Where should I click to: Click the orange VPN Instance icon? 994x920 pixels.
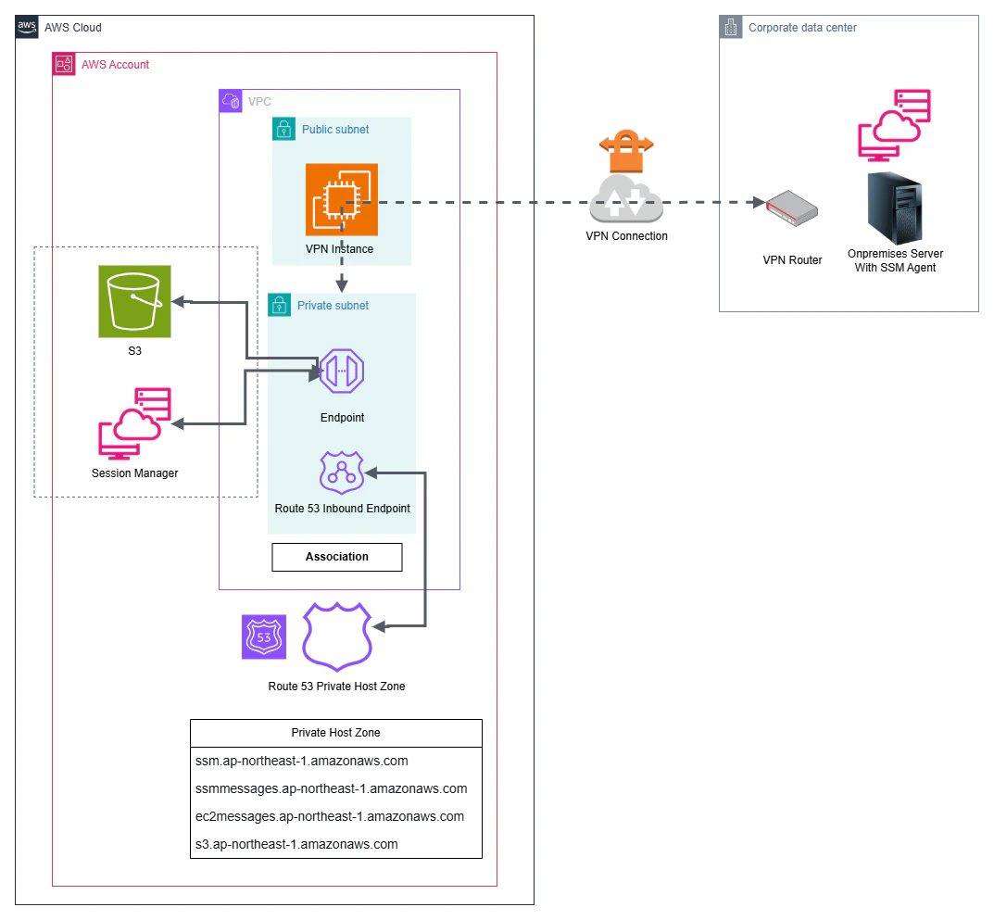coord(342,199)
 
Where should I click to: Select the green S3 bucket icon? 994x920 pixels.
coord(134,301)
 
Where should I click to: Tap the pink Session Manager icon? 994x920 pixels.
coord(134,423)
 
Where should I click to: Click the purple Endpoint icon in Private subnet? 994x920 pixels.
coord(342,371)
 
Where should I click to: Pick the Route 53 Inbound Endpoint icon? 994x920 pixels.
coord(342,473)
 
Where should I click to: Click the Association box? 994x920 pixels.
coord(336,557)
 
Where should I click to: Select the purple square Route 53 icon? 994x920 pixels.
coord(264,636)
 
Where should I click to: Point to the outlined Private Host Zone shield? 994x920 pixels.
coord(336,636)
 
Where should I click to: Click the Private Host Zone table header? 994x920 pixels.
coord(336,733)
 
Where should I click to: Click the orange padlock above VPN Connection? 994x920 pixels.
coord(626,151)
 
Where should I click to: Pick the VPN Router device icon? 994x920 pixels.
coord(792,208)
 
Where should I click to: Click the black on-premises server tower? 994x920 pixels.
coord(895,208)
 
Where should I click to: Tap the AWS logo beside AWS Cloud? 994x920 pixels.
coord(27,27)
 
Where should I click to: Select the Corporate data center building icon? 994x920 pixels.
coord(730,27)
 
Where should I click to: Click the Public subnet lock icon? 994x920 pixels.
coord(284,129)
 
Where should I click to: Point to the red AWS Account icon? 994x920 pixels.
coord(63,64)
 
